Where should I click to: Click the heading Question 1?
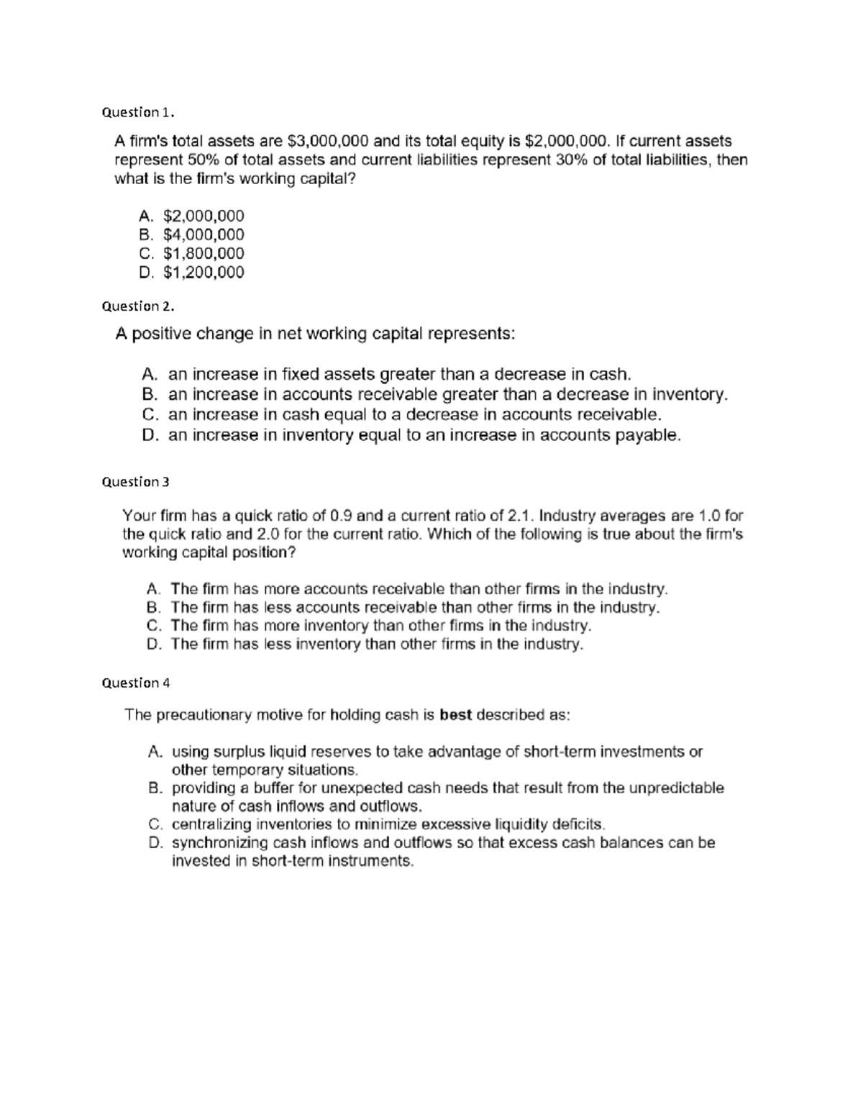tap(137, 112)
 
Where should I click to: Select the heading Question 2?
tap(137, 306)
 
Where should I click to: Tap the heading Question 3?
tap(135, 481)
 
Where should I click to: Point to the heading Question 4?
tap(135, 683)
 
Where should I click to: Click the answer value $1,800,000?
tap(204, 253)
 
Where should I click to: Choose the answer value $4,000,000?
tap(204, 234)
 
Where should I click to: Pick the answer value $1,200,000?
tap(204, 272)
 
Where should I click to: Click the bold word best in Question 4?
tap(455, 715)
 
